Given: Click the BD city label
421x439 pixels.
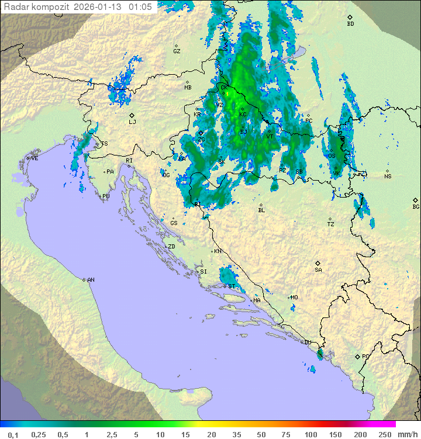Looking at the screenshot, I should pyautogui.click(x=350, y=24).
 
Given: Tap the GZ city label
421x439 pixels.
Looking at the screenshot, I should pyautogui.click(x=177, y=51).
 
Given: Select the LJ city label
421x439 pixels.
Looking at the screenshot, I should pyautogui.click(x=132, y=122).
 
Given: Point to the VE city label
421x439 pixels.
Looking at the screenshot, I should pyautogui.click(x=34, y=158).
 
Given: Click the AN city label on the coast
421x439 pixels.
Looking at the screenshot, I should pyautogui.click(x=91, y=280).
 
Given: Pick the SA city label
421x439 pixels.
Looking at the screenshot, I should pyautogui.click(x=318, y=270).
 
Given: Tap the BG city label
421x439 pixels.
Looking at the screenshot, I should pyautogui.click(x=416, y=206).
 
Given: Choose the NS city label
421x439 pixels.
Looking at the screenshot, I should pyautogui.click(x=388, y=177).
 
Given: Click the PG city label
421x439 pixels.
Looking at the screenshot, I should pyautogui.click(x=365, y=356).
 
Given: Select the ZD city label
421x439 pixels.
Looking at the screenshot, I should pyautogui.click(x=171, y=247).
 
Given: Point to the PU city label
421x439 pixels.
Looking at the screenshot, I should pyautogui.click(x=106, y=197).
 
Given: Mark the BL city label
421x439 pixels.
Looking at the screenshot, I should pyautogui.click(x=261, y=210).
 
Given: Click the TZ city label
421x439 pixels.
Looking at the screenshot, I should pyautogui.click(x=330, y=224).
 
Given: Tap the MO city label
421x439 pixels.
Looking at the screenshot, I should pyautogui.click(x=294, y=298).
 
